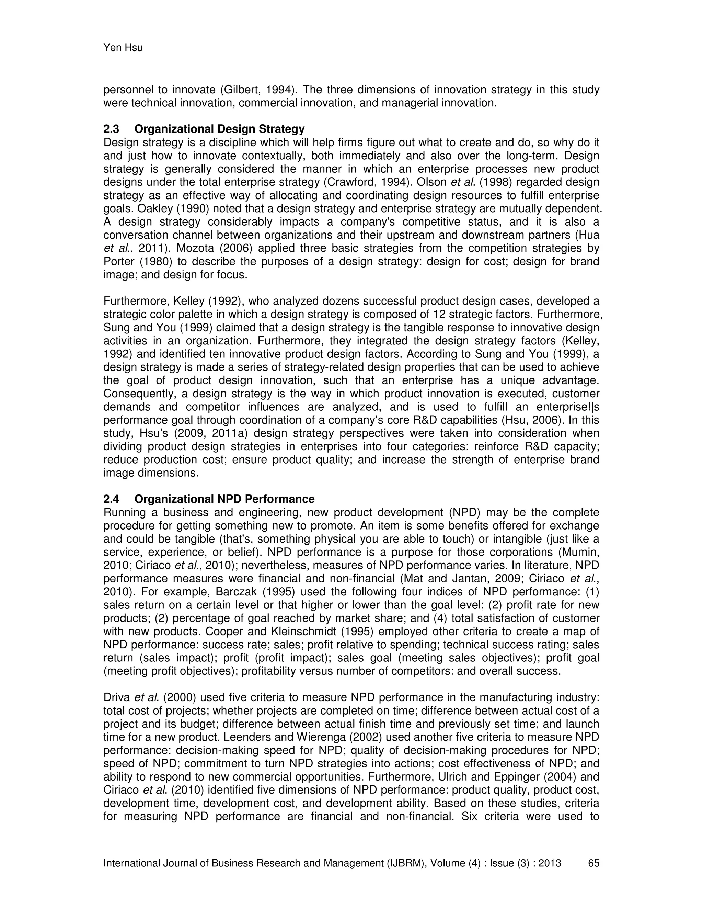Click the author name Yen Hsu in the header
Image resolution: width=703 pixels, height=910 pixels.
123,48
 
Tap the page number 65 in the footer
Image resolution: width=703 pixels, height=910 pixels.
593,863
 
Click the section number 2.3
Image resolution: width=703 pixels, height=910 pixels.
111,129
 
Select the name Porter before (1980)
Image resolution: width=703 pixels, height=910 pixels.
118,262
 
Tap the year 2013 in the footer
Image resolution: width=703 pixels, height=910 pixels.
549,863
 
